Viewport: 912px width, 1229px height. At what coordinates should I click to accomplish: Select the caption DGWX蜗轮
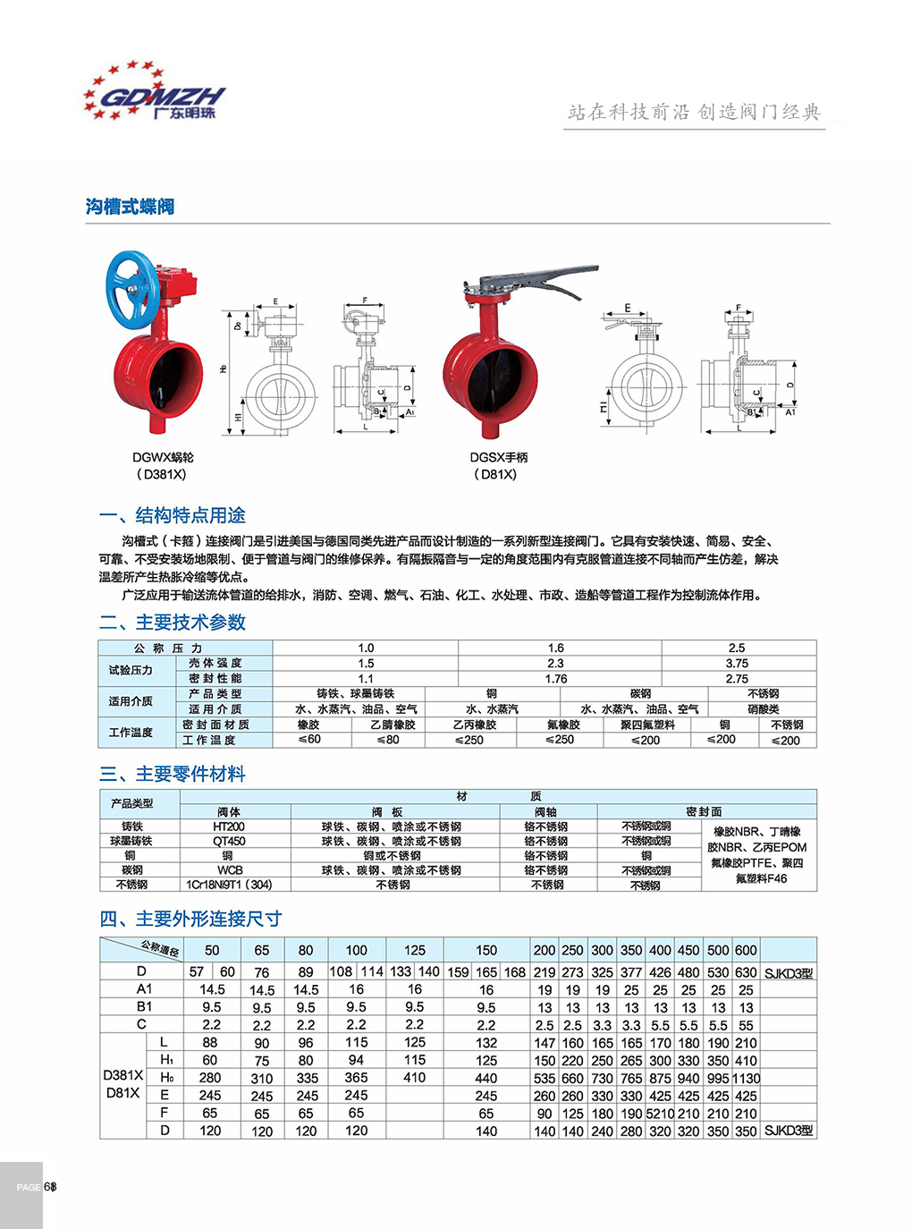163,457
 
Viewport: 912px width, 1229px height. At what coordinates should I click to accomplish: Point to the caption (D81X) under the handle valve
495,474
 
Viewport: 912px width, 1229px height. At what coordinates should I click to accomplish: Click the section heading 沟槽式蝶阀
131,207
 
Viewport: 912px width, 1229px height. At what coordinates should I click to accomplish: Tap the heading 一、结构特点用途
172,515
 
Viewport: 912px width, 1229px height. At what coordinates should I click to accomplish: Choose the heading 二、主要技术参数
172,623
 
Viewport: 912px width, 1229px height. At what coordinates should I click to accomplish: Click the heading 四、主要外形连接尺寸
190,919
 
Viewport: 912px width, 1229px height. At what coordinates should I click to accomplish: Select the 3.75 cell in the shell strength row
738,663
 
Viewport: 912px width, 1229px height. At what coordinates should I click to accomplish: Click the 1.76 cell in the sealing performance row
556,678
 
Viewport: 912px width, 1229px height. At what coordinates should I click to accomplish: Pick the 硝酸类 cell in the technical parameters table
763,709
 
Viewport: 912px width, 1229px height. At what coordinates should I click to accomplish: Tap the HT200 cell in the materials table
229,826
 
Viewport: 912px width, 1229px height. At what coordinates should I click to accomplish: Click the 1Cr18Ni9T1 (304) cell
229,885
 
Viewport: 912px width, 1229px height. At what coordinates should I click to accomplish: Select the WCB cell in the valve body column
229,869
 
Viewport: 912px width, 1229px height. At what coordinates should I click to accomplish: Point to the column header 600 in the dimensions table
746,950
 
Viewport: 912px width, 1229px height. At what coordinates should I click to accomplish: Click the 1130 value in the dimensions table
746,1079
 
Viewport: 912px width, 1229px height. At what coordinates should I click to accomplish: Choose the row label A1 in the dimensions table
144,989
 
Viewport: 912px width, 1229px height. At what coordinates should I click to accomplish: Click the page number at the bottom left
51,1187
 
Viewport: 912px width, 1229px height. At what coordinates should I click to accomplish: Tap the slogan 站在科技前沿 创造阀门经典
694,112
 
